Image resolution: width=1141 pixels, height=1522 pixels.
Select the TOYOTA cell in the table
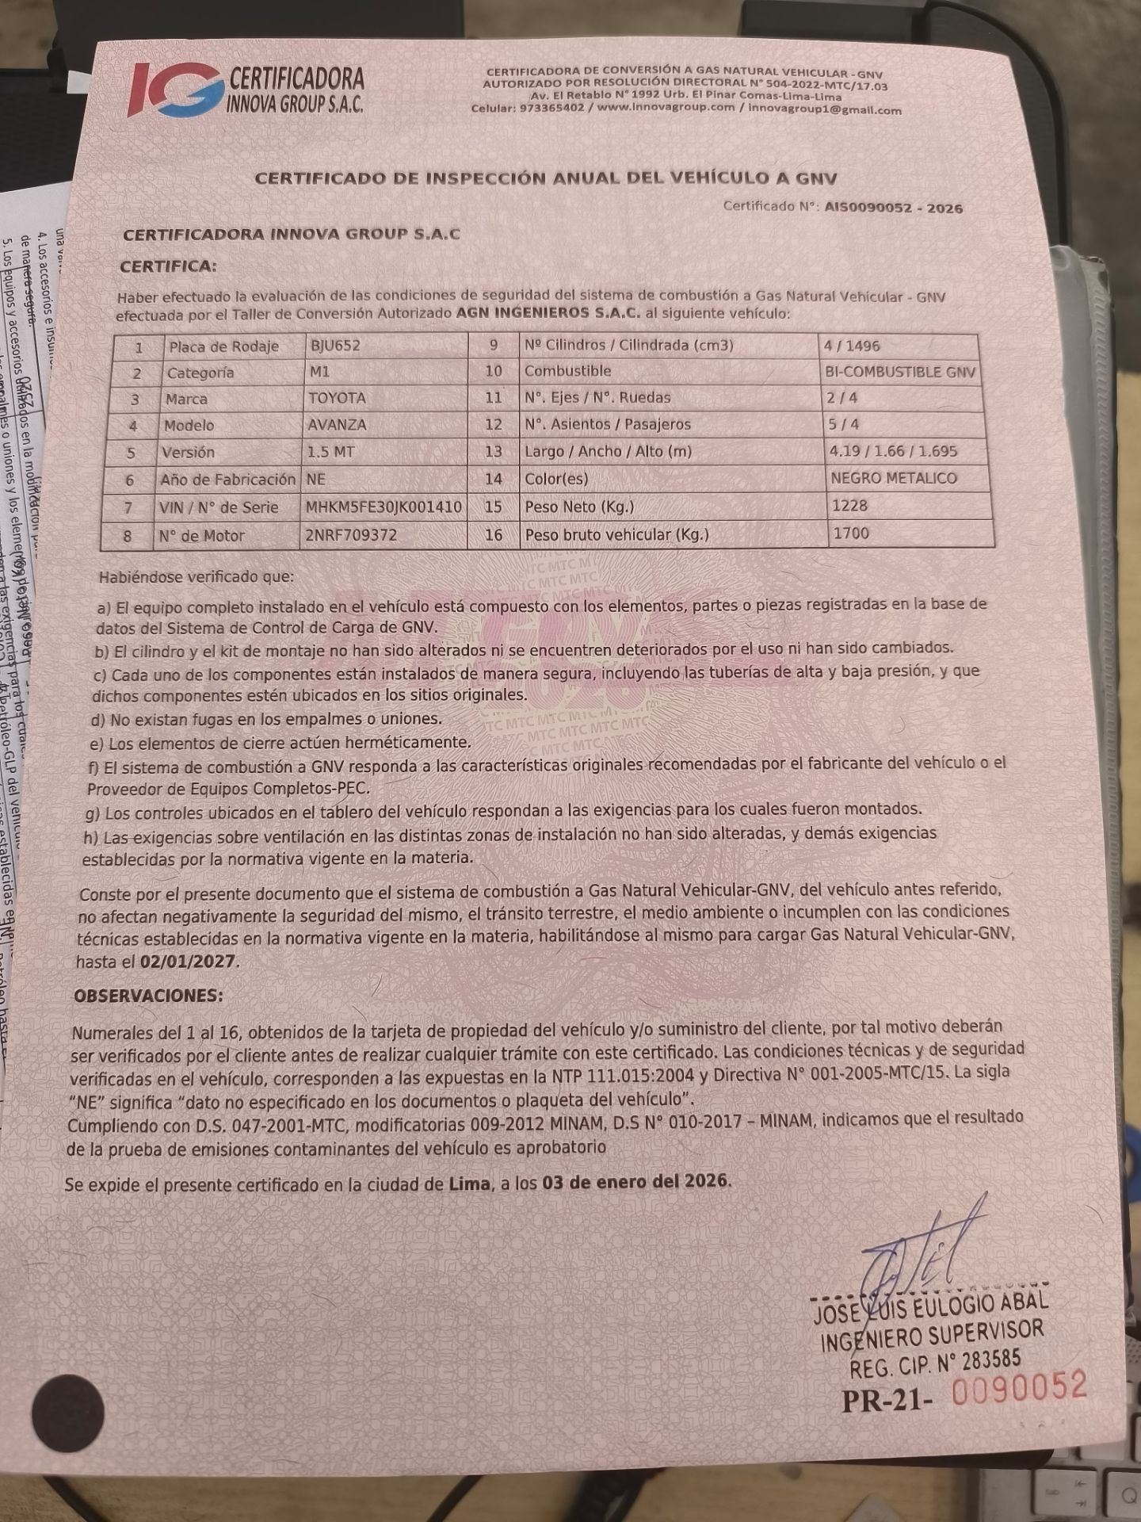coord(337,398)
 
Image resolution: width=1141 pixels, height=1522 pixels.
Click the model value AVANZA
coord(338,425)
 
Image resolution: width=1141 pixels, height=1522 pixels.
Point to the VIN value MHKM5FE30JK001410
coord(384,507)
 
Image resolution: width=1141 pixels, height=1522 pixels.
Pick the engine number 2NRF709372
coord(350,535)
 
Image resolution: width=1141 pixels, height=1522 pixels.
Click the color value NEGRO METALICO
coord(893,478)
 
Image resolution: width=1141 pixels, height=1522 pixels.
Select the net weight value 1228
coord(849,506)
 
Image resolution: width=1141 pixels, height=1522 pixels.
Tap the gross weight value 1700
coord(850,533)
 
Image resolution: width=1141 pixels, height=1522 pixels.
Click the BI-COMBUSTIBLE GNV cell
coord(900,372)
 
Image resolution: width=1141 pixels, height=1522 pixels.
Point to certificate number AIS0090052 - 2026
coord(893,208)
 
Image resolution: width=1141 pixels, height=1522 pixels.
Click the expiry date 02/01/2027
coord(188,961)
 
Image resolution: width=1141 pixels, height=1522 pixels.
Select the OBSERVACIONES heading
coord(148,995)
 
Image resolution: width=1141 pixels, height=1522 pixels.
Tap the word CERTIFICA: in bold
coord(168,266)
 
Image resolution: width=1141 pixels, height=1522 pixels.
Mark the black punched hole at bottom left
coord(69,1411)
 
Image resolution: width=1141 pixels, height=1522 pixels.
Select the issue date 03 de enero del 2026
coord(635,1180)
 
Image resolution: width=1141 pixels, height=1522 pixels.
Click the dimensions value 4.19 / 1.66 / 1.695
coord(893,451)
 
